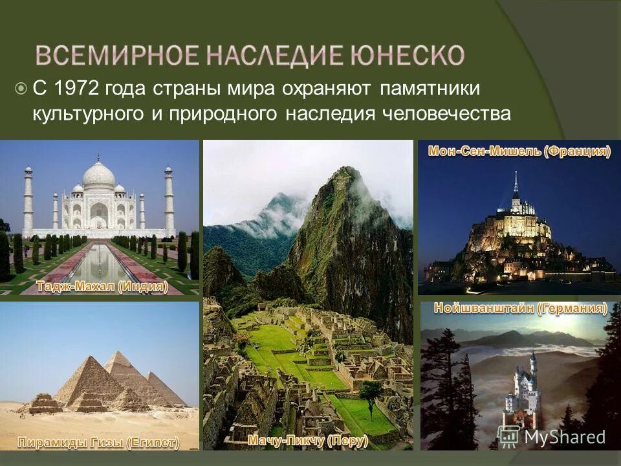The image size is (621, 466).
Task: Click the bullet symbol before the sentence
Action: (21, 88)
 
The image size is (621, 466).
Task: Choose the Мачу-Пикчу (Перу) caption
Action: (308, 441)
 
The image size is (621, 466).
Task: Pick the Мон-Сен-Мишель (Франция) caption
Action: (519, 151)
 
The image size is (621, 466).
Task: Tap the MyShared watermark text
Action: (564, 437)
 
